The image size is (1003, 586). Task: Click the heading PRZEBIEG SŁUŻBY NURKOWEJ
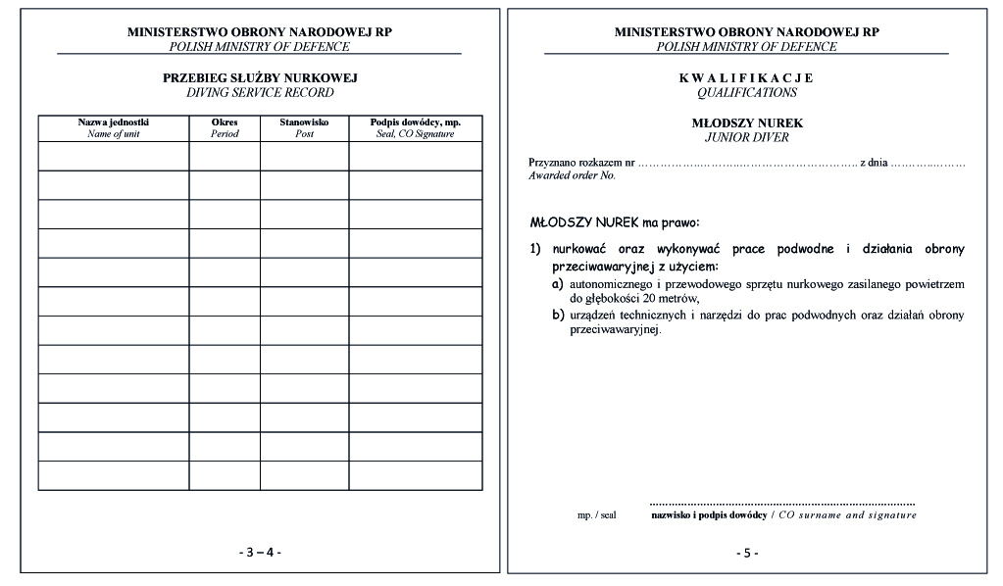point(260,77)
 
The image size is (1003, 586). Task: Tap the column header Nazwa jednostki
point(114,122)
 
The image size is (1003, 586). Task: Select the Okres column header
point(225,122)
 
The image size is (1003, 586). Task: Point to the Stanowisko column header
point(304,122)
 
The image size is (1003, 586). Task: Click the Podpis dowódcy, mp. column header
point(415,122)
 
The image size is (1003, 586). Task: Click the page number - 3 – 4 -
point(260,552)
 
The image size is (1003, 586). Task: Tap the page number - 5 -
point(747,553)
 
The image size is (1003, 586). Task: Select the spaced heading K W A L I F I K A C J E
point(746,77)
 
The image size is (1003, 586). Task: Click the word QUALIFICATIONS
point(746,93)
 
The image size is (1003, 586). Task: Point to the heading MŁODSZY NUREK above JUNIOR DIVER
point(746,122)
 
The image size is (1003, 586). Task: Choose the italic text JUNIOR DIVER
point(746,138)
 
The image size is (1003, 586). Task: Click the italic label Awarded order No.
point(572,175)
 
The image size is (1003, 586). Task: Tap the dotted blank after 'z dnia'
point(928,162)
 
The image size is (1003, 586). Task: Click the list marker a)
point(557,284)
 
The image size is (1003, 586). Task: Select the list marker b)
point(557,315)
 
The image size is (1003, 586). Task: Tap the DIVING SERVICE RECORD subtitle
point(260,93)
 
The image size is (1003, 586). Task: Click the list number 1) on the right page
point(535,249)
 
